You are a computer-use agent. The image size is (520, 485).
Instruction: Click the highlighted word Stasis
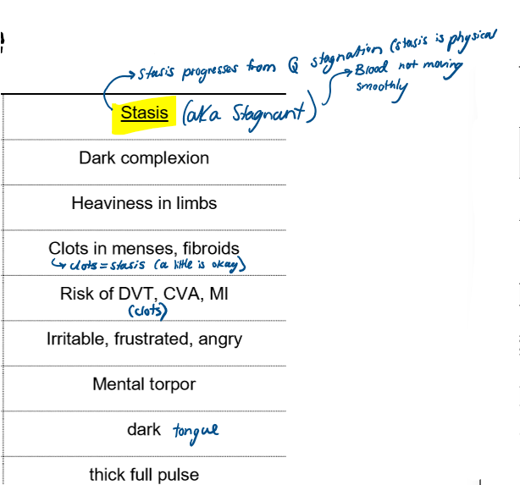pos(144,113)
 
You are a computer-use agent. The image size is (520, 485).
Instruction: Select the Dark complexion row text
pos(144,158)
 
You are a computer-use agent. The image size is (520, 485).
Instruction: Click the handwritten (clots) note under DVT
pos(144,312)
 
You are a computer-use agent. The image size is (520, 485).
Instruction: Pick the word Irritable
pos(75,339)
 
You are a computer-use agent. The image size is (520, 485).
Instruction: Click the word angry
pos(219,339)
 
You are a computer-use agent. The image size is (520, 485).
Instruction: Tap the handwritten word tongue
pos(196,431)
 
